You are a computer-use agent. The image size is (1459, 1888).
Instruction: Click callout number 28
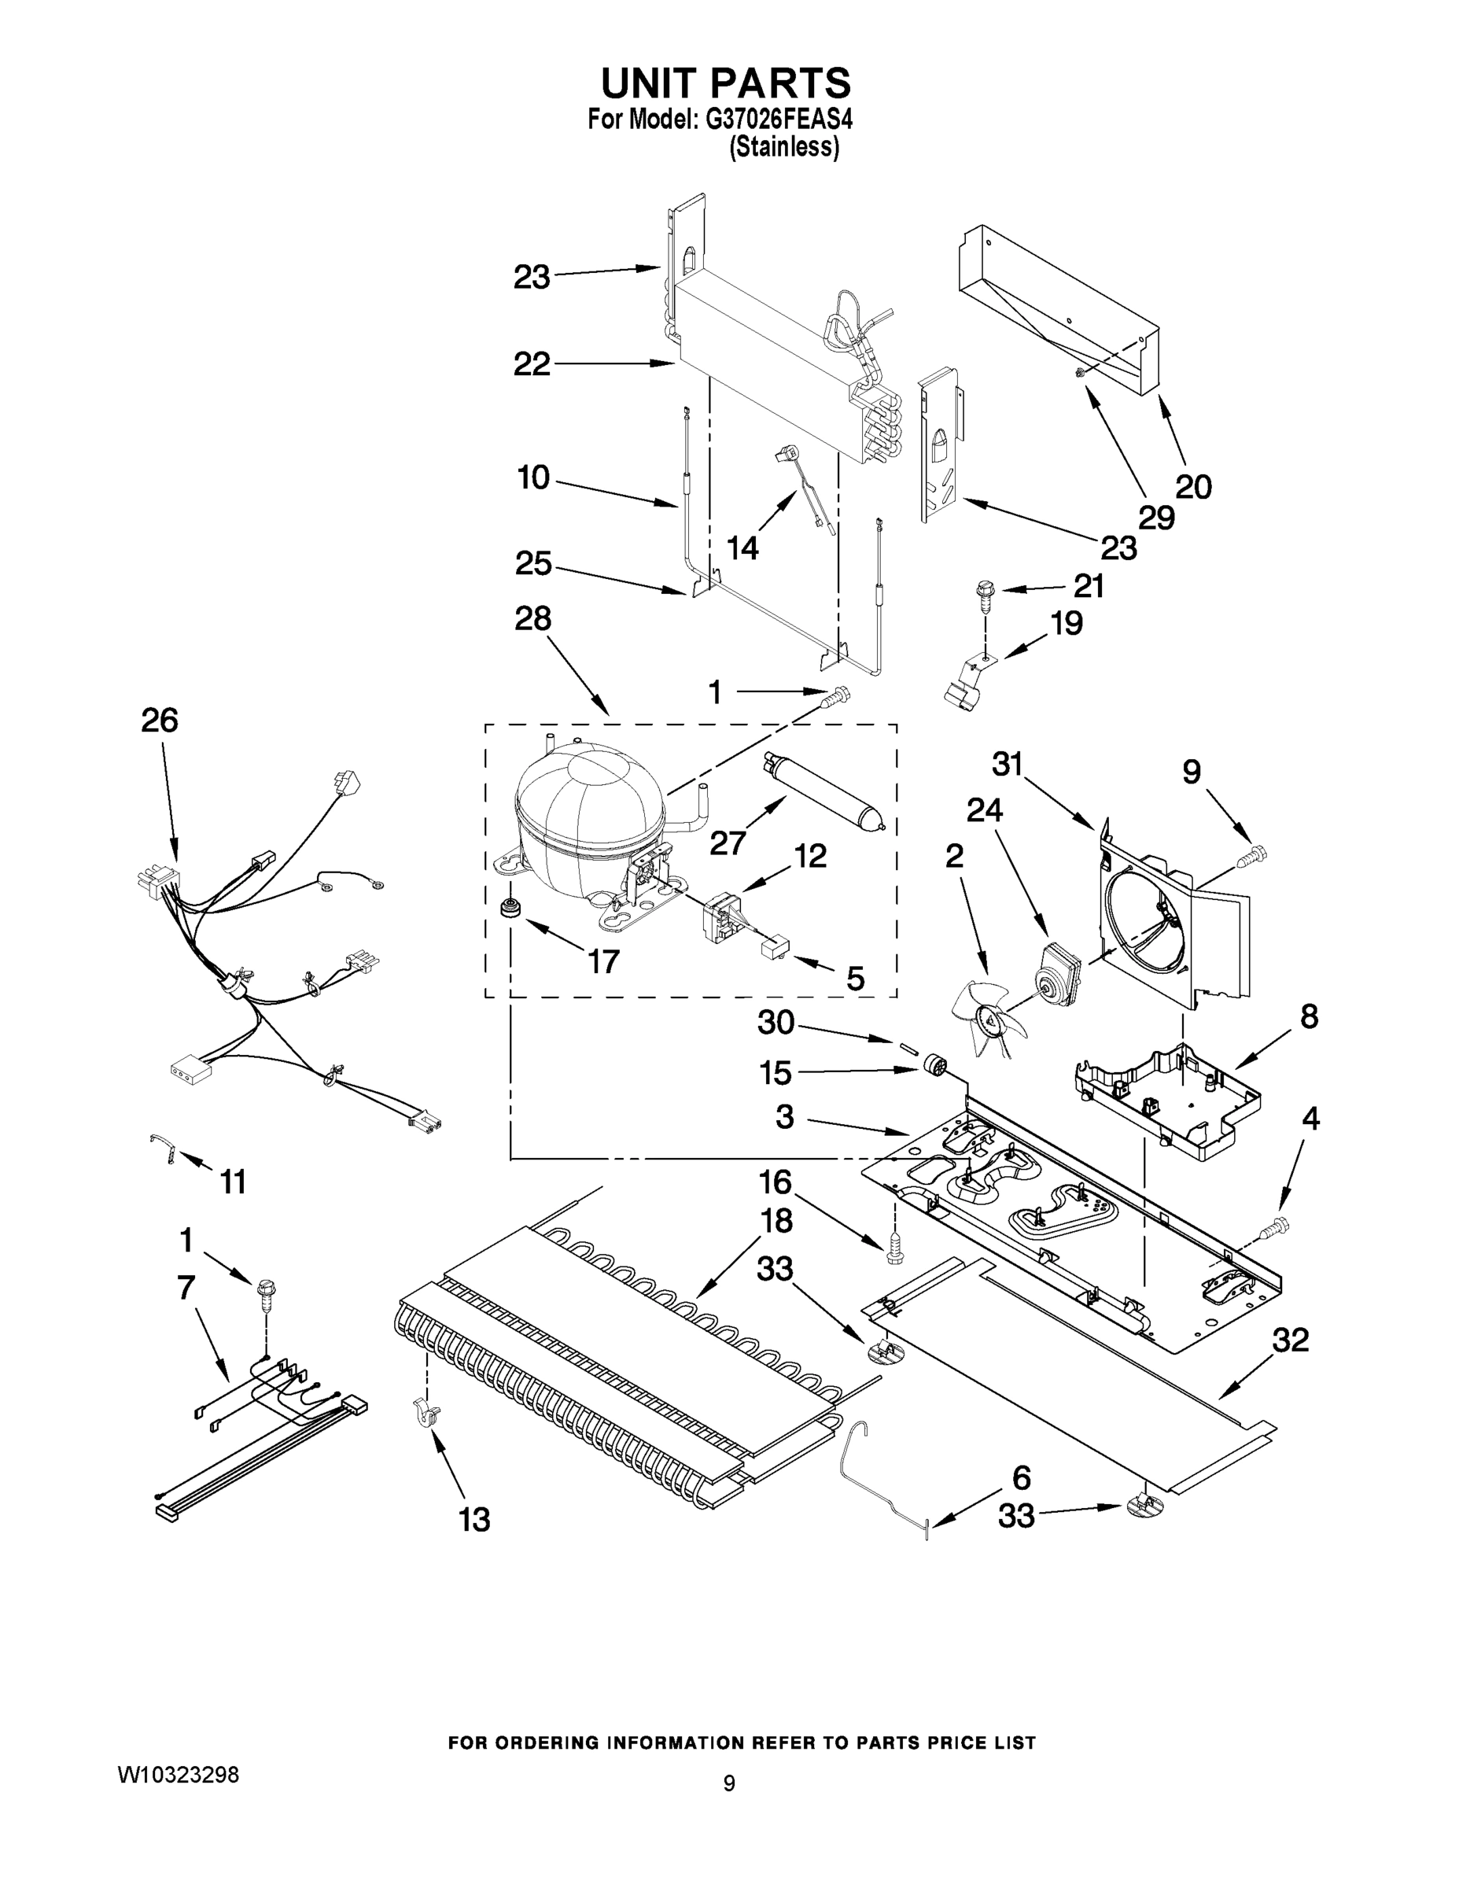[x=532, y=619]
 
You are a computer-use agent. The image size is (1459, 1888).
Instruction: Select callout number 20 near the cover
[x=1194, y=487]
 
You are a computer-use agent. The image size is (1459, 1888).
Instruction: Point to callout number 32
[x=1291, y=1340]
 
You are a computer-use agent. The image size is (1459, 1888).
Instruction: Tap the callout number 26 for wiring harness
[x=160, y=720]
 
